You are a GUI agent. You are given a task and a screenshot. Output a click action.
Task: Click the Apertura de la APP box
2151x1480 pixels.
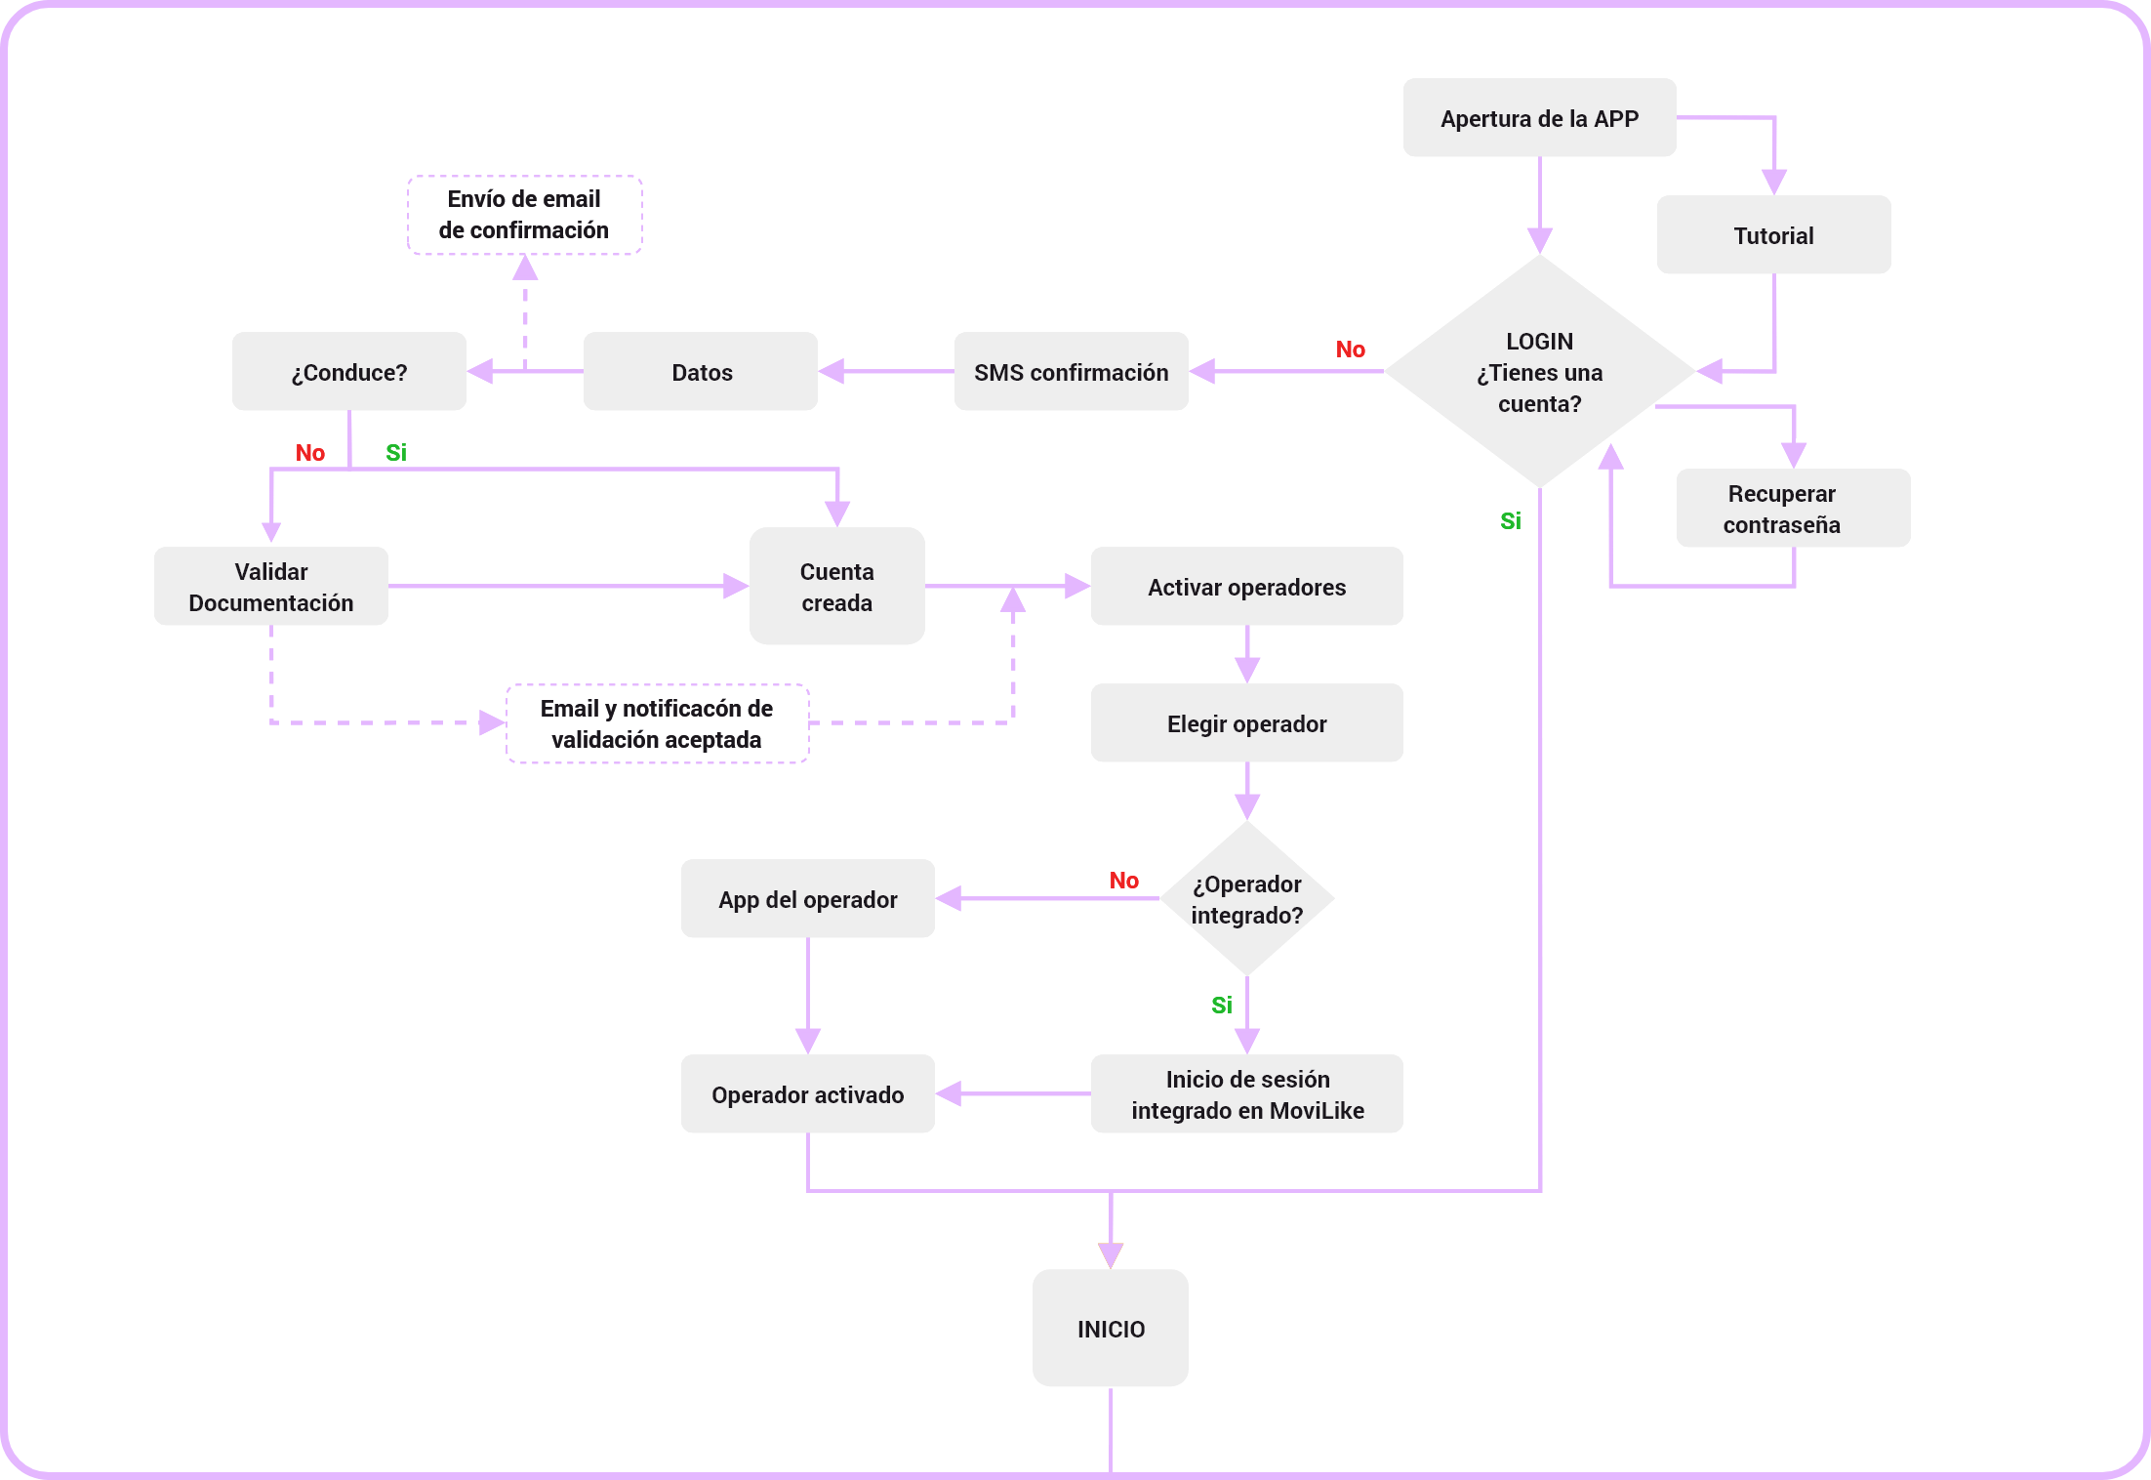point(1539,117)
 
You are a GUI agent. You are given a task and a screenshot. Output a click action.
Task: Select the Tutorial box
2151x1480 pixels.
point(1773,234)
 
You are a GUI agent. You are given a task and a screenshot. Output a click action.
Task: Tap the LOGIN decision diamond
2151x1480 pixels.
point(1539,371)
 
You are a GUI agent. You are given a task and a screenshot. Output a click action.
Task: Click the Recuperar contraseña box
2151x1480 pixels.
point(1793,508)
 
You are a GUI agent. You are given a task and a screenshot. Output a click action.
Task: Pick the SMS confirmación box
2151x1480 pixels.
point(1071,371)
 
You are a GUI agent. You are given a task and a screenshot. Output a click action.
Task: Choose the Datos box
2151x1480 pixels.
point(700,371)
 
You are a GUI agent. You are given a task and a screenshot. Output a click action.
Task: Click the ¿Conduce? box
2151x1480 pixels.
point(348,371)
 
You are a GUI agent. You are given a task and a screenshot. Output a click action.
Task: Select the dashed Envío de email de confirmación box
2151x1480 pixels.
point(524,215)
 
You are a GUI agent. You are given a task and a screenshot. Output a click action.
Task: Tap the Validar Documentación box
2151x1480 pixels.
point(270,586)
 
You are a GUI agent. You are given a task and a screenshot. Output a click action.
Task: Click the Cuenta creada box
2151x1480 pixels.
point(836,586)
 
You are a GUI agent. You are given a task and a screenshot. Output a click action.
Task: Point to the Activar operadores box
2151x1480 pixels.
point(1246,586)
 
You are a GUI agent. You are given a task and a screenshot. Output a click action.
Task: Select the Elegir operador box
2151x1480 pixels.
point(1246,722)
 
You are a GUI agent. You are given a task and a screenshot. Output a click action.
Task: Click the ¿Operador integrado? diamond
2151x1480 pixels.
point(1246,898)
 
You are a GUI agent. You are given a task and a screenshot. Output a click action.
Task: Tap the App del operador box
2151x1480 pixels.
point(807,898)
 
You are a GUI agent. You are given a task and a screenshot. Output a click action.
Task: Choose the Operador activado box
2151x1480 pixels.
point(807,1093)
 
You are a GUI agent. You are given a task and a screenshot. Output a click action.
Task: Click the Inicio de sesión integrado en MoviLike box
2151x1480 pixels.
point(1246,1093)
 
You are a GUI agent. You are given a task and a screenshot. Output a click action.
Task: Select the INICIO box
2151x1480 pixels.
point(1110,1328)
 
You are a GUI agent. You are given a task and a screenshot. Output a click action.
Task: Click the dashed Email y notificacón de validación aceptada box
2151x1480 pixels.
point(657,723)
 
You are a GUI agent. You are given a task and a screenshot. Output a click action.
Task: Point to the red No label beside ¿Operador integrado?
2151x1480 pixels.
point(1123,881)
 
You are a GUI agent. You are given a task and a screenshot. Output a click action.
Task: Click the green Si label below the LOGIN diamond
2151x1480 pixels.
point(1510,521)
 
